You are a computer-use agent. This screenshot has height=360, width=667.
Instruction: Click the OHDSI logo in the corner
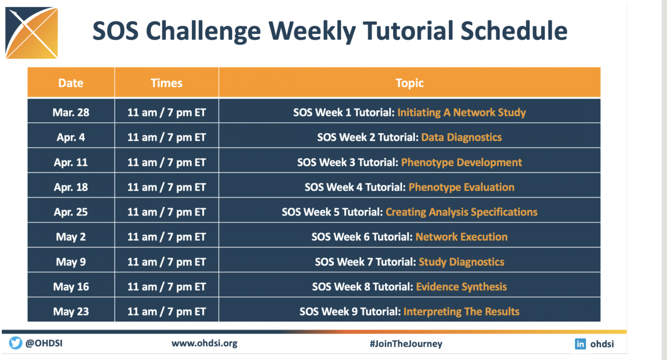32,33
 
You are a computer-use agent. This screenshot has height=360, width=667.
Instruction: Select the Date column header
70,83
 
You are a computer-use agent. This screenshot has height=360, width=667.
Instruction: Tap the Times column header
166,83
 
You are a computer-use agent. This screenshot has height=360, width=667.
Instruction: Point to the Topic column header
410,83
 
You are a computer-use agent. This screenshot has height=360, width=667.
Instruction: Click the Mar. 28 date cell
71,112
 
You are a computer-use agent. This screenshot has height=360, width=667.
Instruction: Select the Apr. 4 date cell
71,138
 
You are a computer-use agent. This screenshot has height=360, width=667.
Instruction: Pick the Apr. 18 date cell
71,187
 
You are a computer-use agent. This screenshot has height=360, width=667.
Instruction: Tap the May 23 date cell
71,312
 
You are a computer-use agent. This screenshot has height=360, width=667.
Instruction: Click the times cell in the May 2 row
166,237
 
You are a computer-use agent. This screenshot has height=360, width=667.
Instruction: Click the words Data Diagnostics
461,138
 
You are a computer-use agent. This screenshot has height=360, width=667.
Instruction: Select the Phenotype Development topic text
461,163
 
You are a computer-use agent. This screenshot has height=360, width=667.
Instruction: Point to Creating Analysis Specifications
461,212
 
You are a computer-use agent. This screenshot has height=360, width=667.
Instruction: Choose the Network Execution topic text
461,237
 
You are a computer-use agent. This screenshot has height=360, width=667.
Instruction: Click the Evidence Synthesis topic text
461,287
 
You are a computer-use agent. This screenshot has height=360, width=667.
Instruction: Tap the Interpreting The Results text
461,312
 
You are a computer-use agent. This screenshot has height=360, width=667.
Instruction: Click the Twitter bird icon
16,343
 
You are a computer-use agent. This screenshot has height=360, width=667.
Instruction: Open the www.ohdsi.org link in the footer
204,344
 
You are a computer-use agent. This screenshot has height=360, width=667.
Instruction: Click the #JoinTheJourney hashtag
406,344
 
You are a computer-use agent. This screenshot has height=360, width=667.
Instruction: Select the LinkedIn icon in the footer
580,344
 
